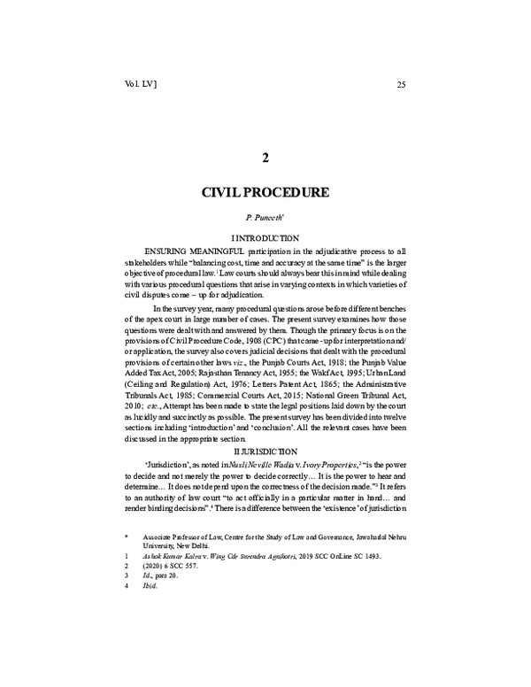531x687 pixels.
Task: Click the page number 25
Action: pyautogui.click(x=401, y=85)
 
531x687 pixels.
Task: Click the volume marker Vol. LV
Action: pyautogui.click(x=142, y=84)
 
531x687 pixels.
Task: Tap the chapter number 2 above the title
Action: pyautogui.click(x=265, y=158)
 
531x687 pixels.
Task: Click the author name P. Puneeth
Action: pyautogui.click(x=265, y=217)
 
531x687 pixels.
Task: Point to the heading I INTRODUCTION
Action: pyautogui.click(x=265, y=239)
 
